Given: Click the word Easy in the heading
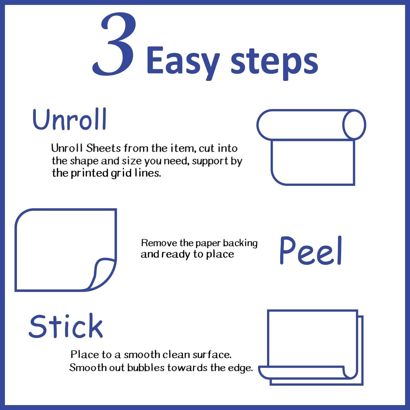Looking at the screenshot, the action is pyautogui.click(x=183, y=61).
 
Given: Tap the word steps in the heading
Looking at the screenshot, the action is pyautogui.click(x=274, y=62).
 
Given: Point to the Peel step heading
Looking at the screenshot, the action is pyautogui.click(x=311, y=250).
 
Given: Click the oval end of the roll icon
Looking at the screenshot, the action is pyautogui.click(x=354, y=125).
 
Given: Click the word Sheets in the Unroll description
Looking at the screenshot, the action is pyautogui.click(x=103, y=148).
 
